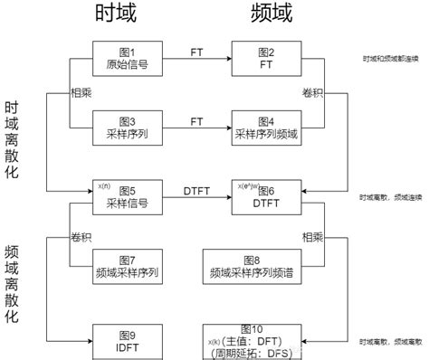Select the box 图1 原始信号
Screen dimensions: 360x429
click(126, 58)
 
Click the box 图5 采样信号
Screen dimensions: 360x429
click(126, 198)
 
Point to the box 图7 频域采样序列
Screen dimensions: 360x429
click(126, 267)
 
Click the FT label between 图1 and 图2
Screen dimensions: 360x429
click(196, 52)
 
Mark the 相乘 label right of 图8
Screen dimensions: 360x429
click(313, 236)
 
